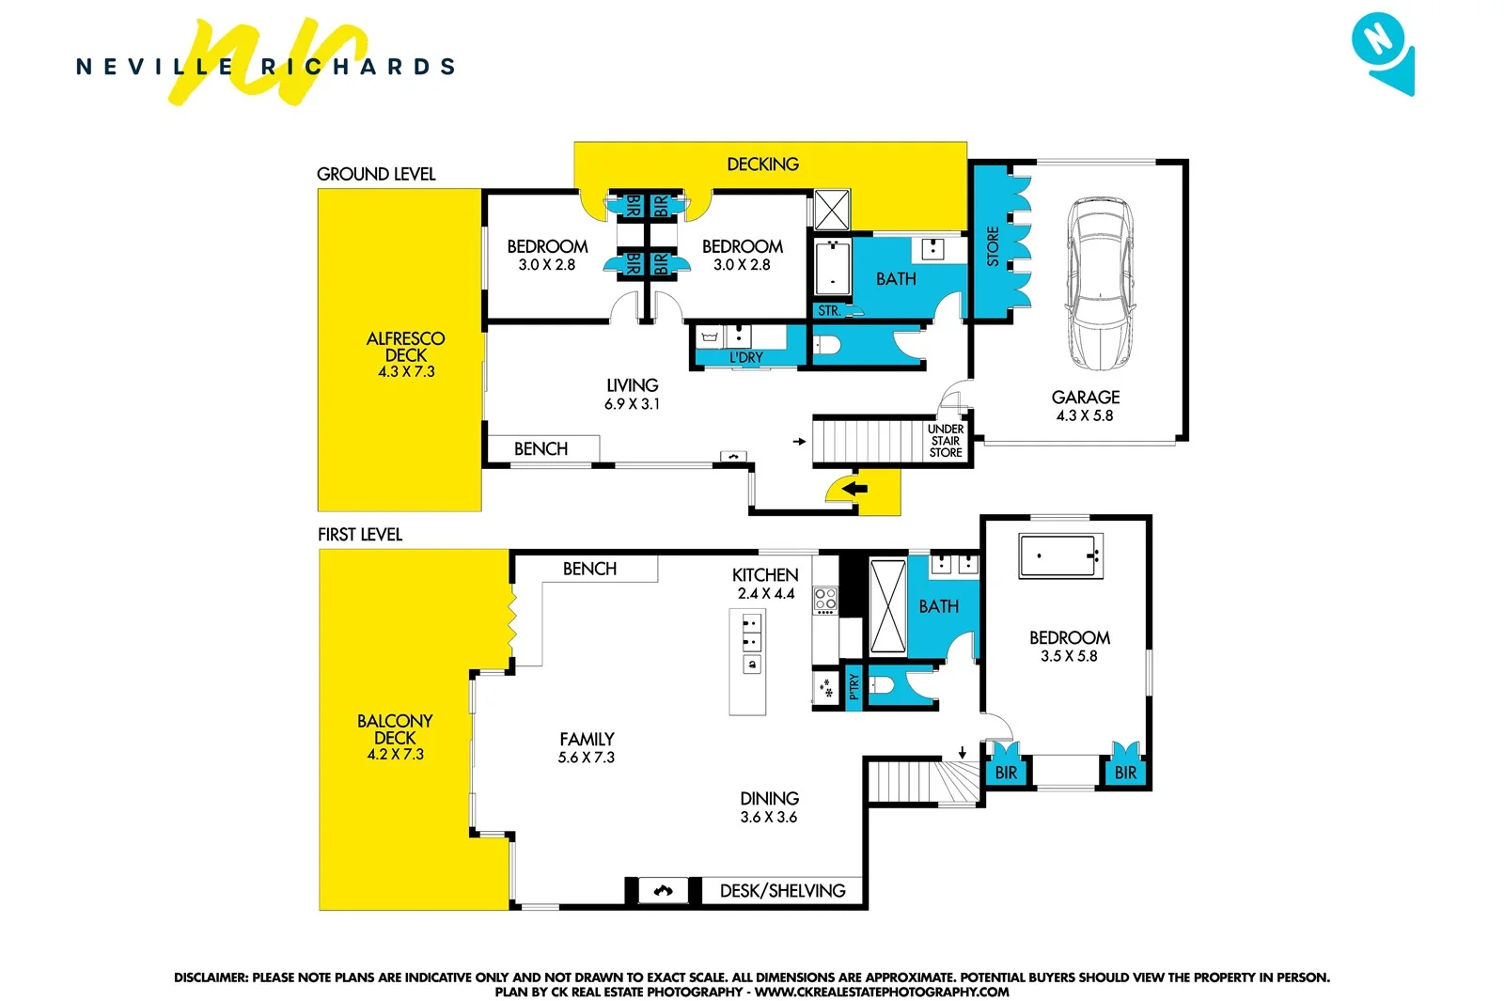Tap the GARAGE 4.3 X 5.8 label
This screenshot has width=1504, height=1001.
tap(1085, 406)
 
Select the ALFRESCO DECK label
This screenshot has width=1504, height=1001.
tap(406, 353)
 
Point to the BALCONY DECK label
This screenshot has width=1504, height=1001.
tap(395, 736)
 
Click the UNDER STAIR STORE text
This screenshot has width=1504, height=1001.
tap(946, 441)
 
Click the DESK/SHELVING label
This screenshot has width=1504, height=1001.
tap(782, 891)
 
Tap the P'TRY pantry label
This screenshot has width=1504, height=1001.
tap(854, 687)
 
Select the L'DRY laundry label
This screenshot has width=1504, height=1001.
tap(746, 357)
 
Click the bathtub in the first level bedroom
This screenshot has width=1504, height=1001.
tap(1059, 555)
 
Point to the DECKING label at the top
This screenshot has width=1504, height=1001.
tap(762, 164)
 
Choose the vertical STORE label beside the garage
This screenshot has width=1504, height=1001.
tap(993, 247)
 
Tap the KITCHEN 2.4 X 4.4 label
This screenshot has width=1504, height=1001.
tap(765, 584)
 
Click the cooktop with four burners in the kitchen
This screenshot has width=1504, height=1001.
tap(825, 600)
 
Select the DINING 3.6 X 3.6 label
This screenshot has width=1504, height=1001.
tap(769, 807)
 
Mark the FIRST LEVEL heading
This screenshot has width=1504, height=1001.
tap(360, 535)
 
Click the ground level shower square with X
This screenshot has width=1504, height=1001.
tap(832, 210)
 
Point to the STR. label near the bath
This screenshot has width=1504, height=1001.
tap(828, 311)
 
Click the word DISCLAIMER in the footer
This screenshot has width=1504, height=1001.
tap(211, 978)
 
